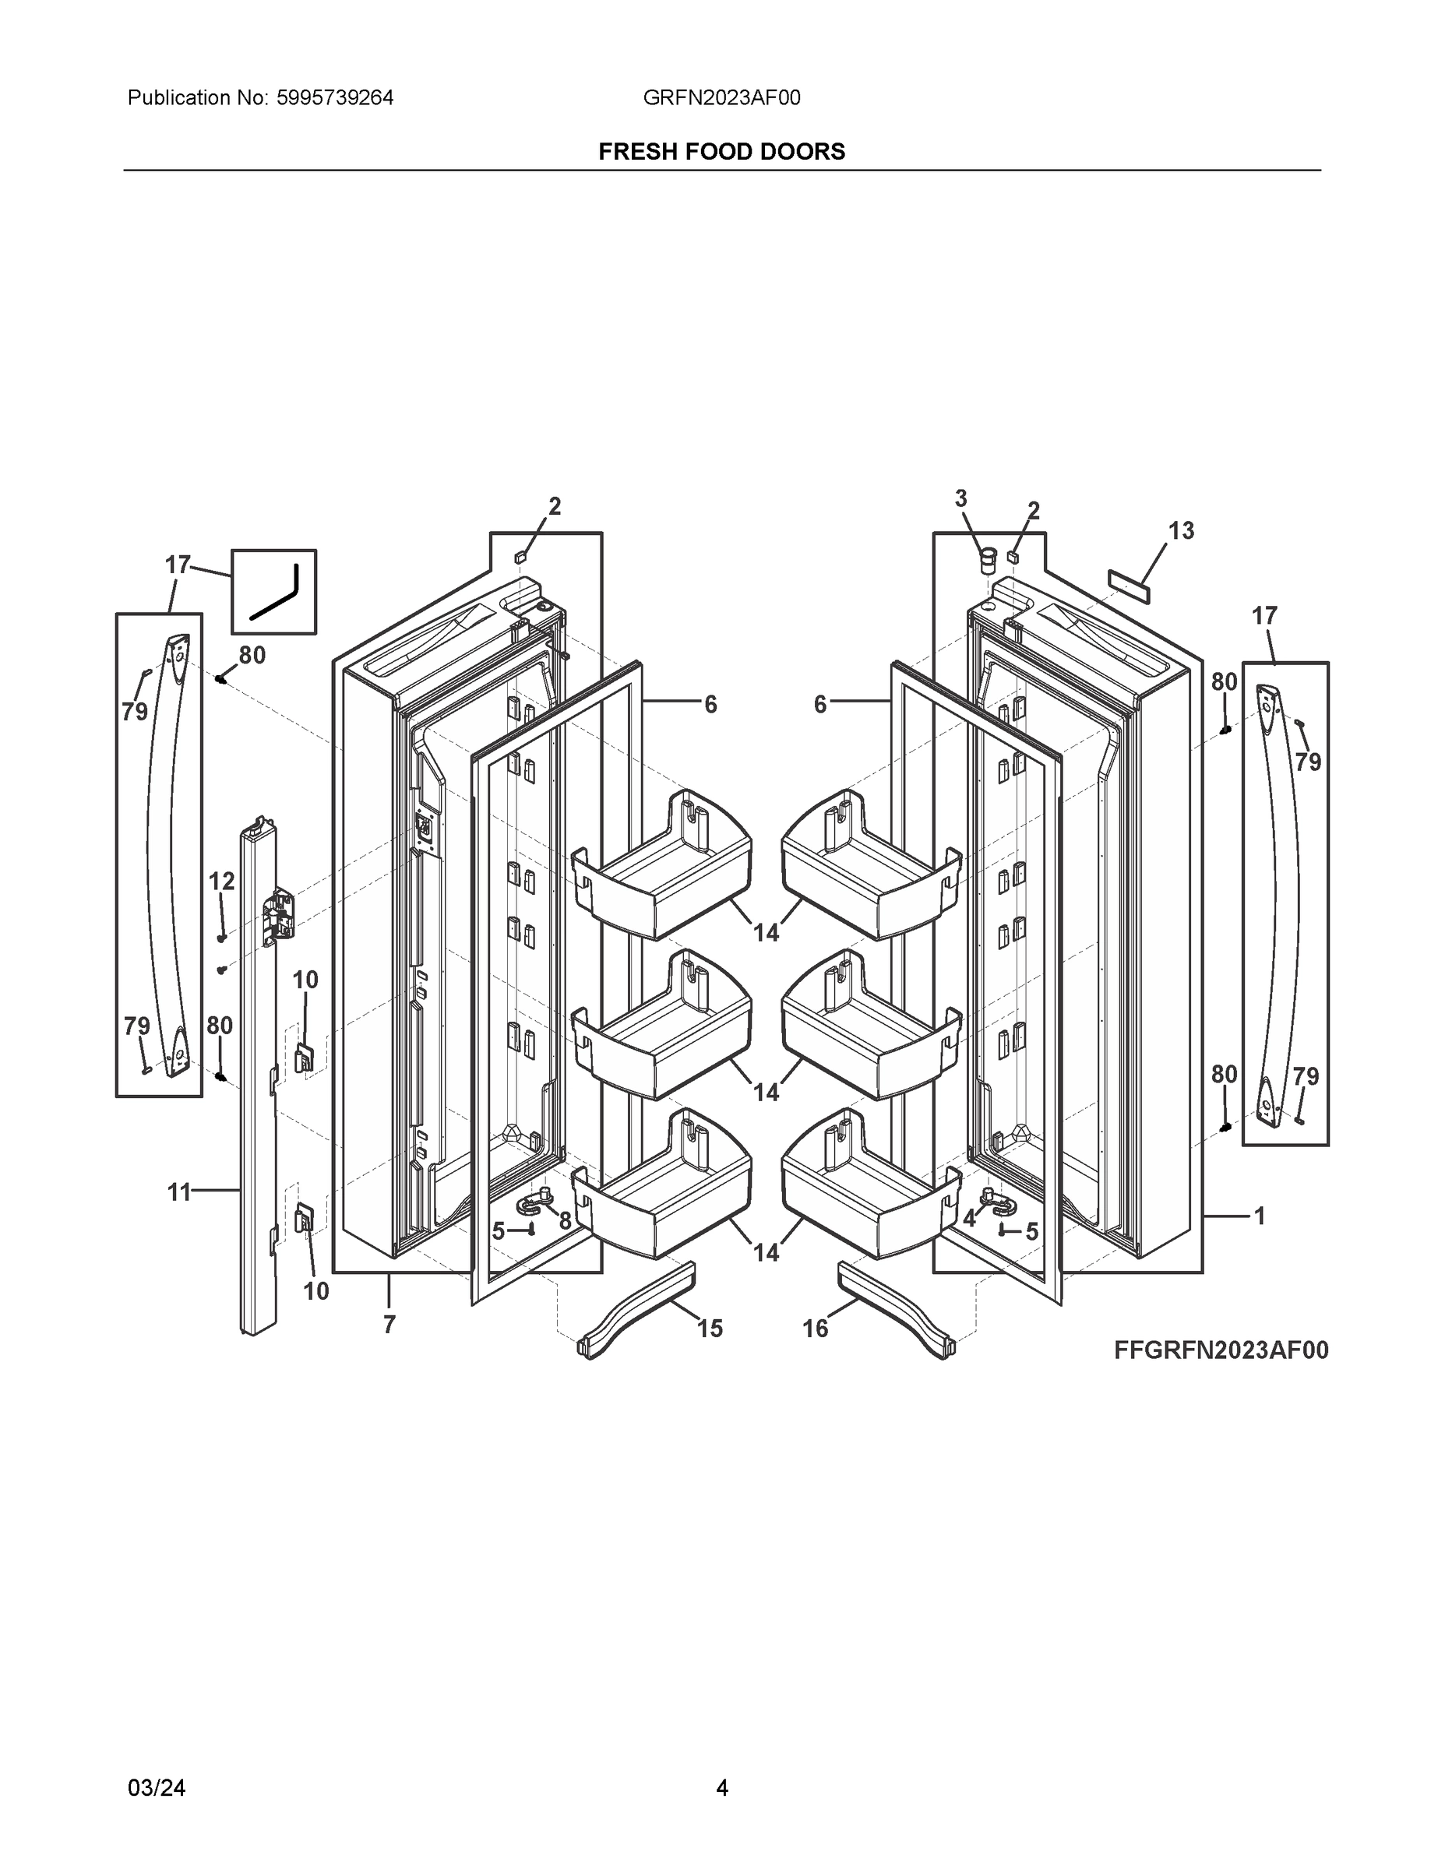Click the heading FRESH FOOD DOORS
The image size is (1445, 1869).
click(x=721, y=152)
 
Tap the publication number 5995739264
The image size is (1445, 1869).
click(x=335, y=97)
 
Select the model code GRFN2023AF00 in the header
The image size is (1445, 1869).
click(x=721, y=97)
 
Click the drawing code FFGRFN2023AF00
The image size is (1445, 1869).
click(x=1221, y=1350)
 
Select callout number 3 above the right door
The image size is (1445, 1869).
click(x=960, y=498)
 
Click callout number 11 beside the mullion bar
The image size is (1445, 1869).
click(x=178, y=1191)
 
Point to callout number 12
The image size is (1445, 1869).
click(x=222, y=881)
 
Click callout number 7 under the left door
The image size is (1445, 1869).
click(x=389, y=1325)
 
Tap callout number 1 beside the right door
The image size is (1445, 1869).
click(x=1260, y=1216)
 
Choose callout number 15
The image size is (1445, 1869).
click(x=710, y=1328)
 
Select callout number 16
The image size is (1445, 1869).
click(x=815, y=1328)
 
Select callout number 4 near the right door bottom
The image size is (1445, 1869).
click(x=969, y=1219)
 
